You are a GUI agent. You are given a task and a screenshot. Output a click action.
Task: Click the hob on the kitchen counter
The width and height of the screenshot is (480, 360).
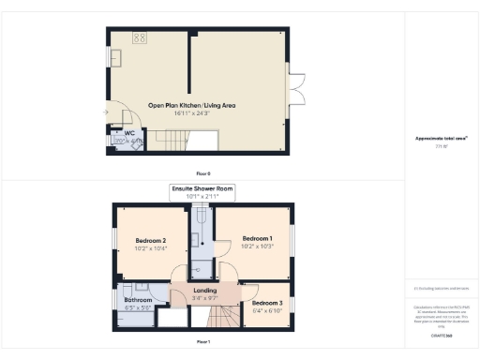140,38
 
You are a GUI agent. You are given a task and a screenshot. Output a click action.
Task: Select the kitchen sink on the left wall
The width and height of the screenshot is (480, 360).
117,59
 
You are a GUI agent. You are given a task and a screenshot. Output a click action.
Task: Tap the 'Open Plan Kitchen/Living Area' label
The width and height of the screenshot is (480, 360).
191,106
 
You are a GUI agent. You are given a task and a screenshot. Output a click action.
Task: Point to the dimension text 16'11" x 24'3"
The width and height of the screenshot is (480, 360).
191,115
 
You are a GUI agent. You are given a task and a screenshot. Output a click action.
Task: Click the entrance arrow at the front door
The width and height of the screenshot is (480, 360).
107,113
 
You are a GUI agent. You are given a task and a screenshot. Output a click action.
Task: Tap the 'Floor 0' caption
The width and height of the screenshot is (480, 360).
203,173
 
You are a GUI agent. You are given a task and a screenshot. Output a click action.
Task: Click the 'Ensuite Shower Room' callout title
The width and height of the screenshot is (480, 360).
202,189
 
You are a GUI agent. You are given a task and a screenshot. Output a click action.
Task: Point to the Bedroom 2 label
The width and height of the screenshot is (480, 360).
150,242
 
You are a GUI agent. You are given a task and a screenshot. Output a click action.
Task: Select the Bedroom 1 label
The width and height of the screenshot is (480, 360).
257,239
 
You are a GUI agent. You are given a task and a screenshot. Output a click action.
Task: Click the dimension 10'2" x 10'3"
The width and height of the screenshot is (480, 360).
257,248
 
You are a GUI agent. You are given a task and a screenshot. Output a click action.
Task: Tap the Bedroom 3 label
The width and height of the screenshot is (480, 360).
267,303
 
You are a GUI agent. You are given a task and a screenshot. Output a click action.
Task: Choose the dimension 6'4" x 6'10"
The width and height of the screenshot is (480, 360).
267,311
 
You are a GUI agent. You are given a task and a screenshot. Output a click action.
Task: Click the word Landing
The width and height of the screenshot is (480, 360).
205,291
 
